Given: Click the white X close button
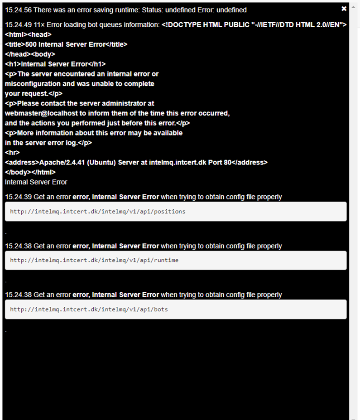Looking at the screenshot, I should tap(344, 9).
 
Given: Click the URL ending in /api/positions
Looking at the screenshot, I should tap(97, 212).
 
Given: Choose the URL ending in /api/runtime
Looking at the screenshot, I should tap(94, 261).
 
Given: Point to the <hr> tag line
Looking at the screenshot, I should tap(12, 152).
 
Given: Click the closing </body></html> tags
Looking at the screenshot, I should tap(30, 172).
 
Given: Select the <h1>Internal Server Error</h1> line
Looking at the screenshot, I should tap(55, 64).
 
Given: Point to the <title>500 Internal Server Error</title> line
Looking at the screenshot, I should tap(66, 44).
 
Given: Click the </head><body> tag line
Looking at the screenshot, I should tap(30, 54).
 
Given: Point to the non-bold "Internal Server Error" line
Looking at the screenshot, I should tap(36, 182).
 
